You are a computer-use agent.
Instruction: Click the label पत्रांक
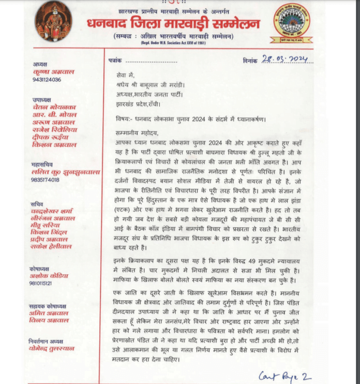tap(117, 60)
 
